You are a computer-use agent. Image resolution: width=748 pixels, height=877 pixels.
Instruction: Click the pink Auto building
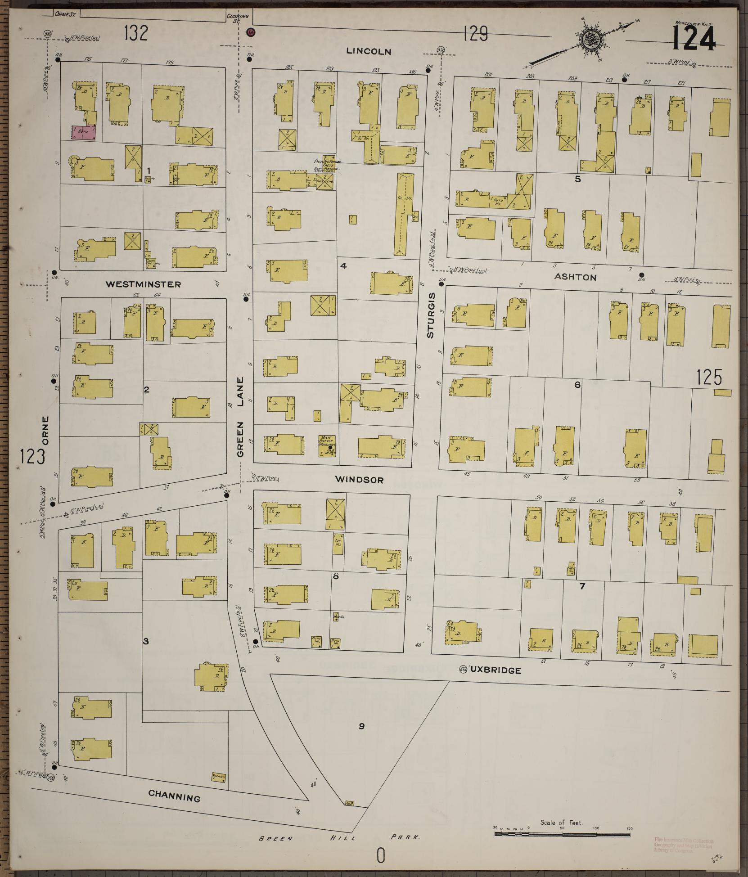[83, 132]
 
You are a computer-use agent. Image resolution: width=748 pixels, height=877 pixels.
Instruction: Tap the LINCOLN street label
[369, 52]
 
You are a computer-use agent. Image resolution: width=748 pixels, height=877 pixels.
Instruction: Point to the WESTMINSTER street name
[143, 284]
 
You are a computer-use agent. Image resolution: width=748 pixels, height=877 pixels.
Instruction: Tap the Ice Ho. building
[338, 543]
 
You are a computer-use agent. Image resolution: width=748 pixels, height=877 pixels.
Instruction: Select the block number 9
[361, 726]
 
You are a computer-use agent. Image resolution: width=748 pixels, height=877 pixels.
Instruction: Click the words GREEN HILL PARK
[340, 838]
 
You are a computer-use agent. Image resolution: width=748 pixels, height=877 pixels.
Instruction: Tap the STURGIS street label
[431, 315]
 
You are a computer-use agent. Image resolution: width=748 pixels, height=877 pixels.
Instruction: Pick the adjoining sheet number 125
[709, 377]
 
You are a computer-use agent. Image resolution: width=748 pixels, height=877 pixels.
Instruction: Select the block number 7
[582, 586]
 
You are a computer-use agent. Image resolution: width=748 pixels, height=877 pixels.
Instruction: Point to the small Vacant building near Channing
[218, 777]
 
